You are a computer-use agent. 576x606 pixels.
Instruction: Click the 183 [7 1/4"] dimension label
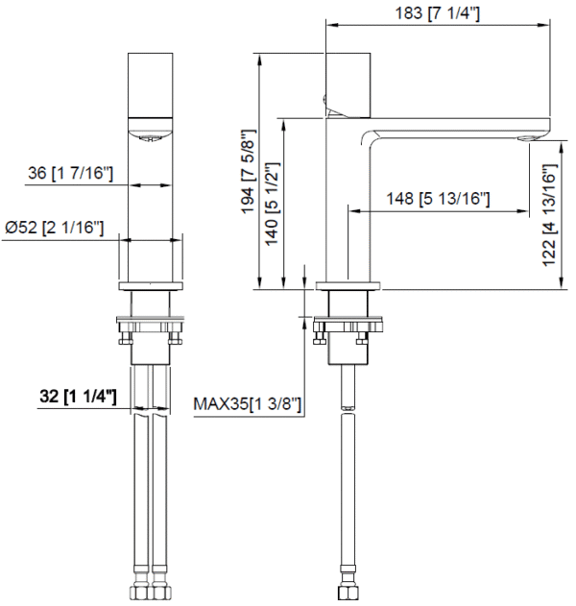click(438, 12)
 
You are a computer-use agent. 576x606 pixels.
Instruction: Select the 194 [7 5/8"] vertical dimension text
click(250, 171)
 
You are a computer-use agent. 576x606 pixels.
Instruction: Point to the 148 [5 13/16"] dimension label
click(439, 200)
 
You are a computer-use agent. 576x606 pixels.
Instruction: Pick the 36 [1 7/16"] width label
click(71, 174)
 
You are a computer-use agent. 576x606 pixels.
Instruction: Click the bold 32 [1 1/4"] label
click(77, 396)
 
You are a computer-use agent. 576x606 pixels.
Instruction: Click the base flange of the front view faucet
click(150, 286)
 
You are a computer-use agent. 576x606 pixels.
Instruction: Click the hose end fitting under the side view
click(348, 587)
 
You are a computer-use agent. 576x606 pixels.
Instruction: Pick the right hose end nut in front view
click(159, 587)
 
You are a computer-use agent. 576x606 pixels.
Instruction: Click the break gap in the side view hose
click(348, 410)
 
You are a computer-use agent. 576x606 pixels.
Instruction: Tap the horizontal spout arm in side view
click(451, 126)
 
